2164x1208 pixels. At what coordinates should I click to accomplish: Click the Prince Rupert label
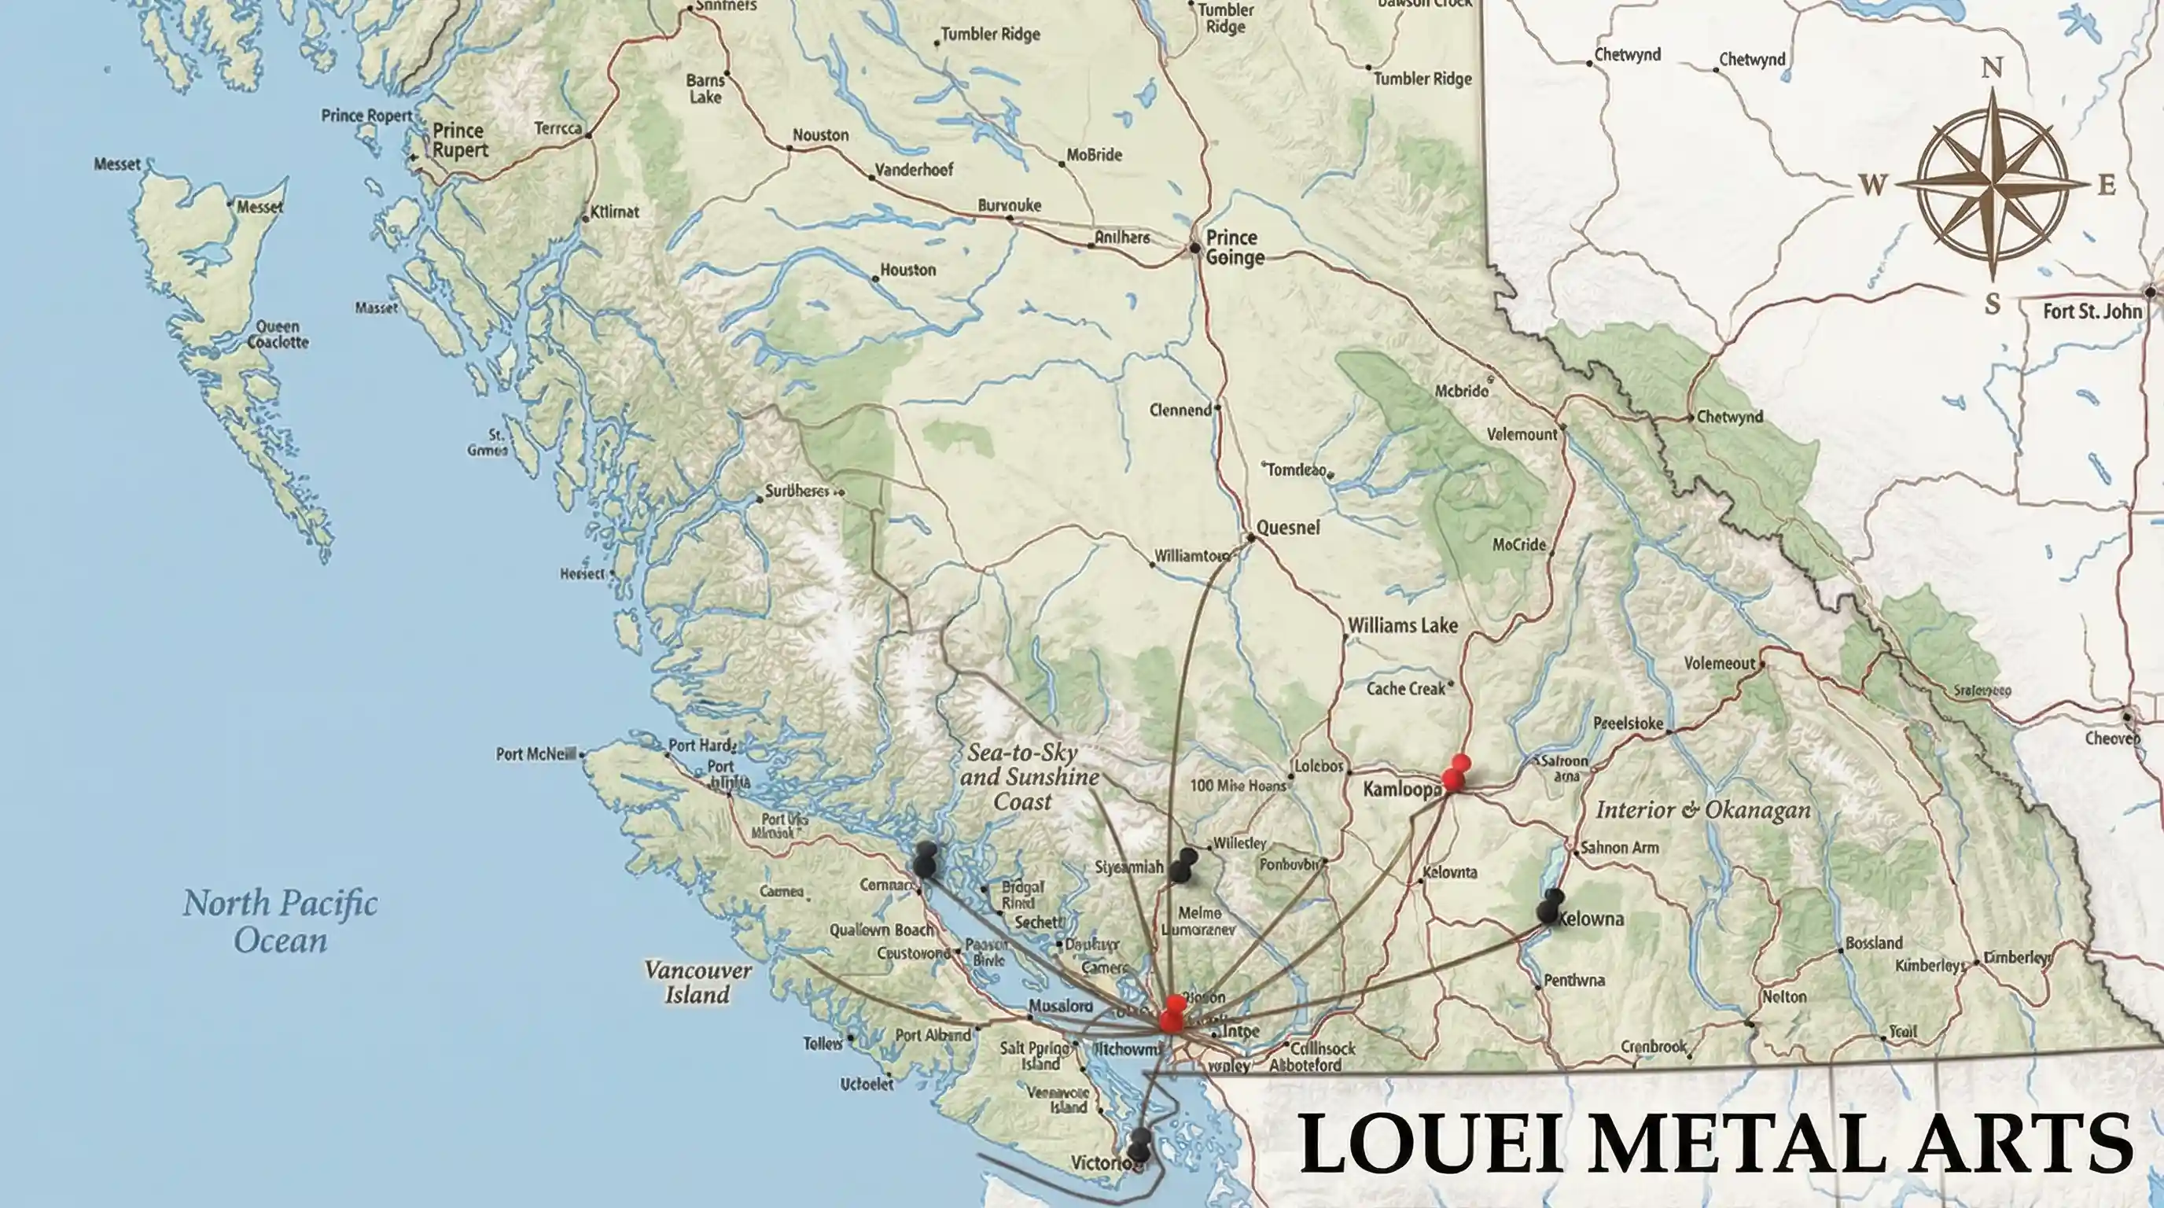(x=459, y=140)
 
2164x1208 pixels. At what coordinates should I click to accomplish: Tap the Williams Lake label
(x=1402, y=626)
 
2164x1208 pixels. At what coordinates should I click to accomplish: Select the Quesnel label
(x=1288, y=528)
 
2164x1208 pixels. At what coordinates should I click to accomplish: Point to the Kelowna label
(x=1590, y=919)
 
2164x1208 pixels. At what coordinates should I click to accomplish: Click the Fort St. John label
(x=2092, y=311)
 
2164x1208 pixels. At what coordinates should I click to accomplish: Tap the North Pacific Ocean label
(x=280, y=922)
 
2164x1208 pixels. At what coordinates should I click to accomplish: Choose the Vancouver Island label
(x=697, y=983)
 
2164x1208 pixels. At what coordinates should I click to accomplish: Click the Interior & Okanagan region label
(x=1702, y=811)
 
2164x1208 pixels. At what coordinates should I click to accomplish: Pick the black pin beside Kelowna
(x=1551, y=907)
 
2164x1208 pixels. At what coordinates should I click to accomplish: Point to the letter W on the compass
(x=1871, y=185)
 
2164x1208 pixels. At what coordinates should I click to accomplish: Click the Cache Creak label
(x=1405, y=689)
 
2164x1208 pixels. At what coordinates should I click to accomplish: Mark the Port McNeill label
(x=535, y=754)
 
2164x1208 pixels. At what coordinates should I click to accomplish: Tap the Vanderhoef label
(x=914, y=170)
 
